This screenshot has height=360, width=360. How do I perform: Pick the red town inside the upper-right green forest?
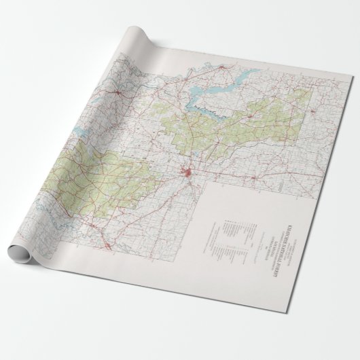pos(256,117)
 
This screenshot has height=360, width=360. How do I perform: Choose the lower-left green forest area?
pos(102,177)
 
